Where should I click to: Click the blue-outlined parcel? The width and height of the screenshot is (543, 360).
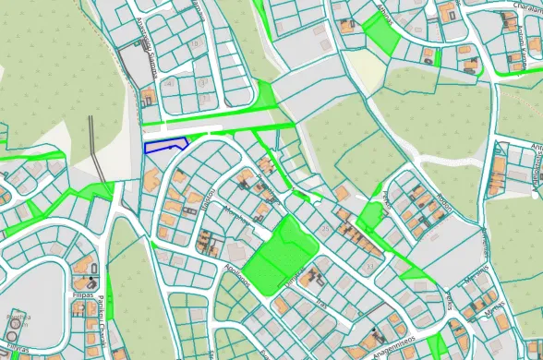pyautogui.click(x=166, y=144)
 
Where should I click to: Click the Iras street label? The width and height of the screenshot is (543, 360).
pyautogui.click(x=322, y=304)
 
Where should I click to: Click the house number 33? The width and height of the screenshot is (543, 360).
pyautogui.click(x=369, y=266)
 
